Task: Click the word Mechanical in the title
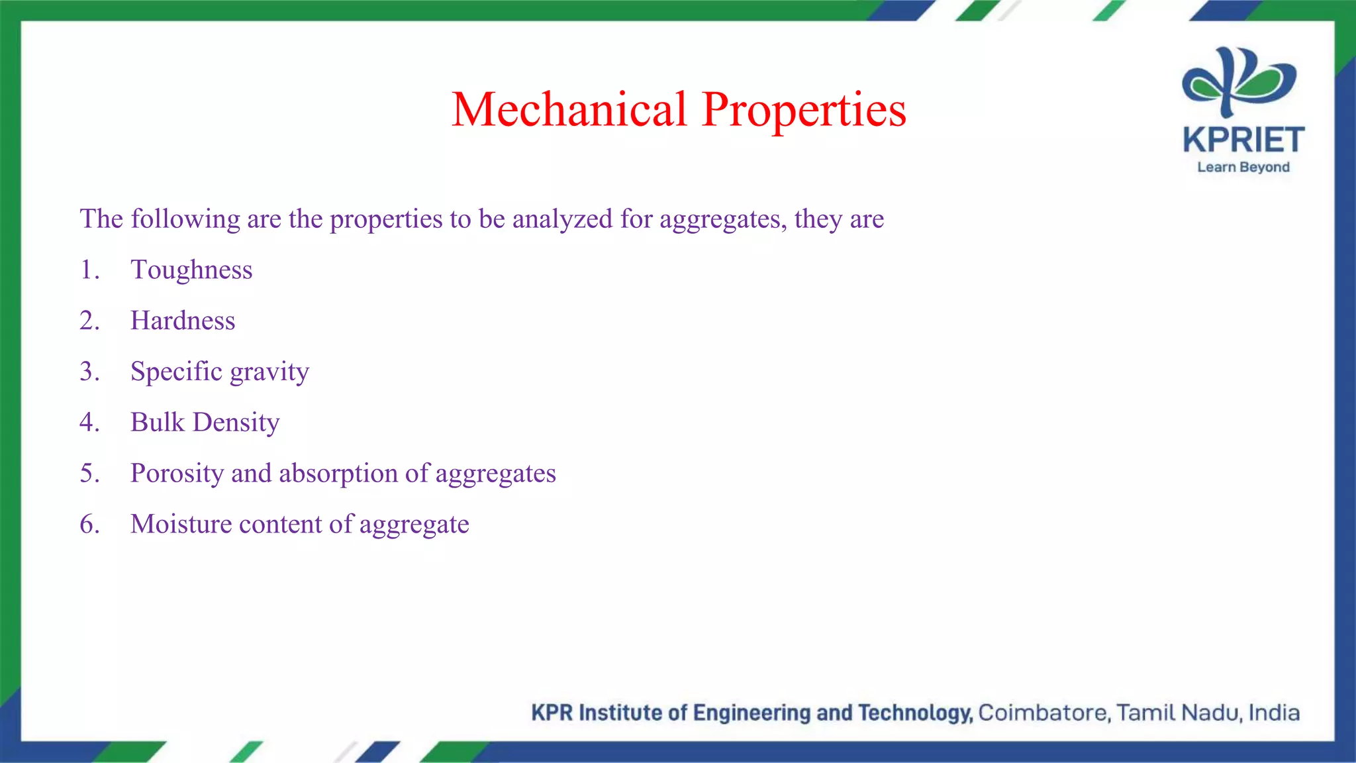[569, 110]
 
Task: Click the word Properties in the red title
[804, 110]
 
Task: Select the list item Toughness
[191, 270]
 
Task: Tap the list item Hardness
[183, 321]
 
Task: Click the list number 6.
[89, 525]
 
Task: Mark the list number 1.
[89, 270]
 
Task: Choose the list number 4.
[89, 423]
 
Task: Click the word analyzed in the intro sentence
[562, 219]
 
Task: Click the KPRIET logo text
[1243, 140]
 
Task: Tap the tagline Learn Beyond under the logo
[1243, 168]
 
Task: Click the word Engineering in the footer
[752, 713]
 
